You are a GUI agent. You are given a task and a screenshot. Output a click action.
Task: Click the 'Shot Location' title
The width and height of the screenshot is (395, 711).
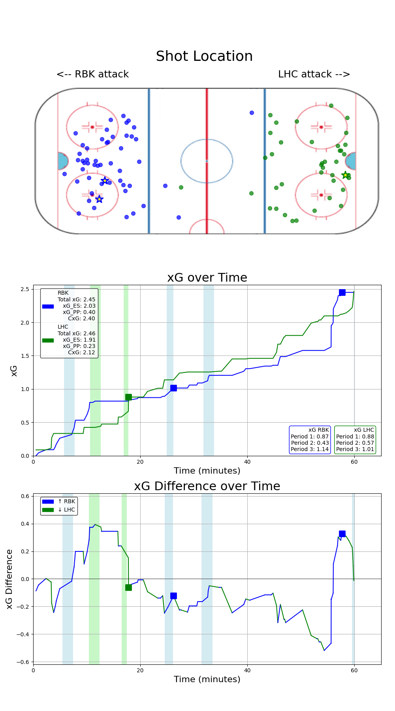click(x=204, y=56)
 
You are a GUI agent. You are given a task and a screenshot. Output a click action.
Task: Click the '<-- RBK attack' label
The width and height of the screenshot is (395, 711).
click(x=92, y=74)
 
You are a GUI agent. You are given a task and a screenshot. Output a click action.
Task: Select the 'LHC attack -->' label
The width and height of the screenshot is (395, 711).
click(x=314, y=74)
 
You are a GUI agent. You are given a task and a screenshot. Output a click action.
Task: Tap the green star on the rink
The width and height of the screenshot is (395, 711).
click(x=345, y=175)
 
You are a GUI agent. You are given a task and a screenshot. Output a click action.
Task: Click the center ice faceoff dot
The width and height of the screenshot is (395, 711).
click(x=207, y=161)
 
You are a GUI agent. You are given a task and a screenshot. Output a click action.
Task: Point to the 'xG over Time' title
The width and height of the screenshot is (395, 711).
click(x=207, y=278)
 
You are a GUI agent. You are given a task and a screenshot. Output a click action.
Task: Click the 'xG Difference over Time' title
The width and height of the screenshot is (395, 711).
click(x=207, y=486)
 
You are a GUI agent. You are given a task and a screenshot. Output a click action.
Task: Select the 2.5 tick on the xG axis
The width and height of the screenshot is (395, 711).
click(x=25, y=290)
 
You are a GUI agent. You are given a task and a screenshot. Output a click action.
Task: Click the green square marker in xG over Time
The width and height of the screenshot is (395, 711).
click(x=128, y=397)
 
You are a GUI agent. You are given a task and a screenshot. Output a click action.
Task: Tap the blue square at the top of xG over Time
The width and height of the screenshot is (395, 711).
click(x=342, y=292)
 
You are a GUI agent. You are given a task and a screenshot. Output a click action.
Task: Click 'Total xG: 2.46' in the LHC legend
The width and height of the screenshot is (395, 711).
click(x=76, y=333)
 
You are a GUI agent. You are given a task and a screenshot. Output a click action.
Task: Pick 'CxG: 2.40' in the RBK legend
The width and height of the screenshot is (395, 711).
click(x=81, y=318)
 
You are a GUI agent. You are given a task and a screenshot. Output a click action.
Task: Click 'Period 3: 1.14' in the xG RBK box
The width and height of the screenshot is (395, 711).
click(x=310, y=449)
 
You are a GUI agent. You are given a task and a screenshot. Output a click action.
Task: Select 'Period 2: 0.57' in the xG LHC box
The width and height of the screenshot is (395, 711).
click(x=355, y=443)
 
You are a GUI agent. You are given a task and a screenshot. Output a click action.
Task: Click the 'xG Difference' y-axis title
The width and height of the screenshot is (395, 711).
click(x=9, y=579)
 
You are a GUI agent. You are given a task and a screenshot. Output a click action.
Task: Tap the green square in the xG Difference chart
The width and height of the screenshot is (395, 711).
click(x=128, y=587)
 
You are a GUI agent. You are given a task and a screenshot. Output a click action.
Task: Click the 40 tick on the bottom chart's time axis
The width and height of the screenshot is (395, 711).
click(x=247, y=670)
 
